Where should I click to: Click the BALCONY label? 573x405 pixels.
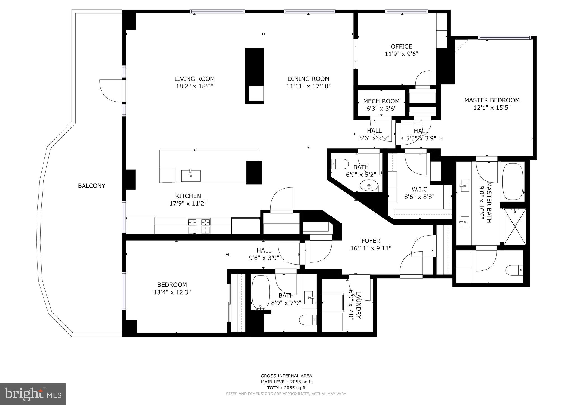91,186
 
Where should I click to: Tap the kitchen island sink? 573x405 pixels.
191,176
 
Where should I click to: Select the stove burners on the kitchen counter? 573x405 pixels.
199,223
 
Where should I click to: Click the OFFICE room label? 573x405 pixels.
401,46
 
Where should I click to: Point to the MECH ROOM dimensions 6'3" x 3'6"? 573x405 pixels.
381,109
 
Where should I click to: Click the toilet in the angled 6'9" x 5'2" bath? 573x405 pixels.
339,164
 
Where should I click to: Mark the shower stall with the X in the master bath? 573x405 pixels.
515,226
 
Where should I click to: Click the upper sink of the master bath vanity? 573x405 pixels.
464,184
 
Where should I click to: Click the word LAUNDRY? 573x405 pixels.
358,305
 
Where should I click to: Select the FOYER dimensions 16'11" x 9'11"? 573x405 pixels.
371,248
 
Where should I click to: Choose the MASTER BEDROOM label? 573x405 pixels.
492,100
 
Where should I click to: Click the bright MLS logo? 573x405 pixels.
33,394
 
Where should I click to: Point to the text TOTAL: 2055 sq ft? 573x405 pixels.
286,388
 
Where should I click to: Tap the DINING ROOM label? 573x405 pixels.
308,79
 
